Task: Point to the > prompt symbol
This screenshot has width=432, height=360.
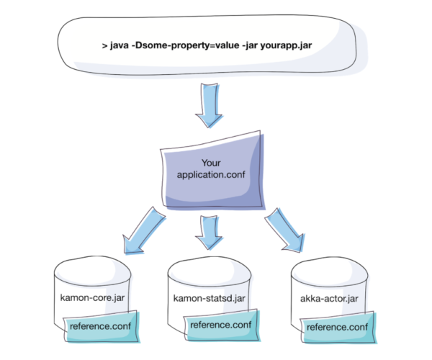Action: pyautogui.click(x=105, y=46)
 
